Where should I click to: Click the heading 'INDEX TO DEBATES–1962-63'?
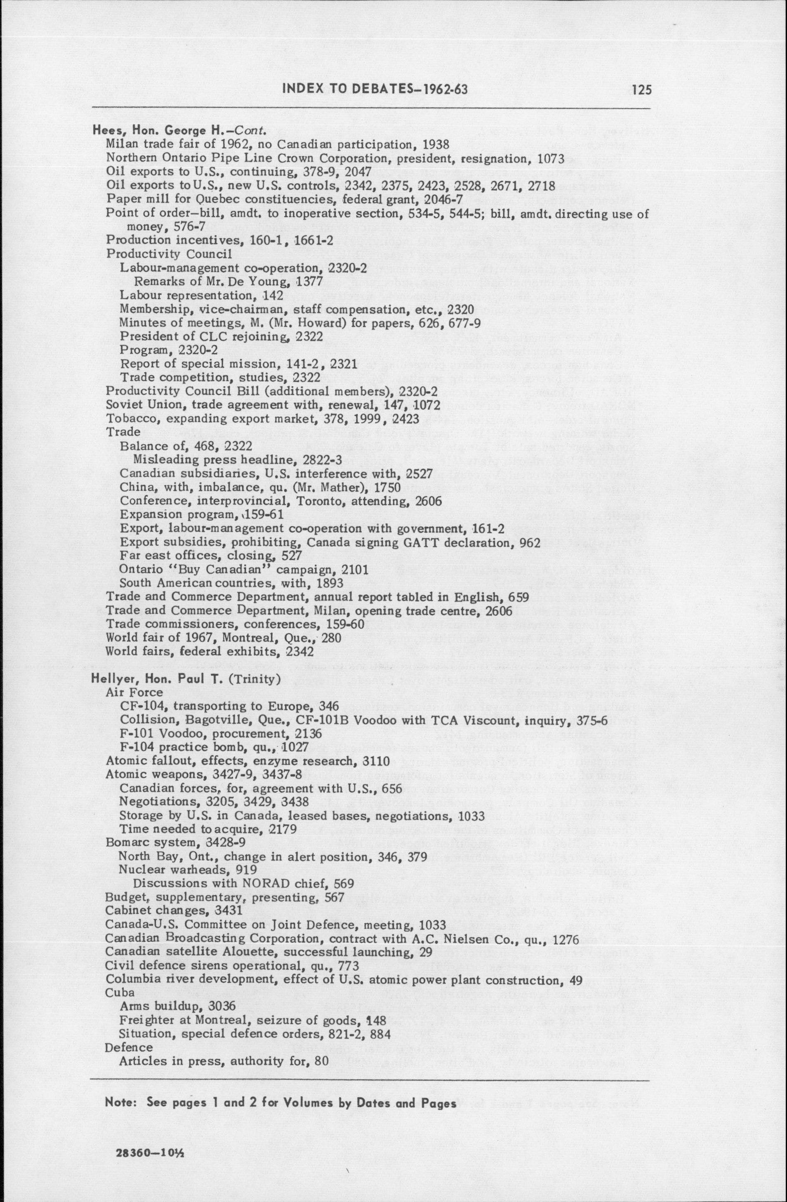pyautogui.click(x=375, y=90)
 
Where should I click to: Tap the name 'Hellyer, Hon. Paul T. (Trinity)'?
pyautogui.click(x=185, y=678)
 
